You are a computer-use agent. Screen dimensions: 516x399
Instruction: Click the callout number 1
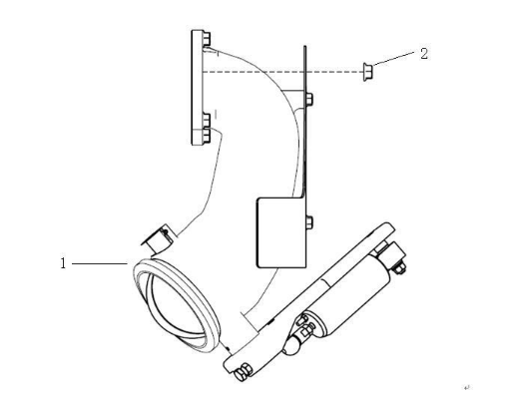point(63,263)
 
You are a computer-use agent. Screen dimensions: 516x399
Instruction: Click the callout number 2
point(424,54)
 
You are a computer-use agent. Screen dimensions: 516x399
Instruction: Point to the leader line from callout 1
point(100,263)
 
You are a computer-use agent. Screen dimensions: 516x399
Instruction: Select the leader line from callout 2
point(393,58)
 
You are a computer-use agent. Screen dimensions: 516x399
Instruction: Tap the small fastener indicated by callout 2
point(367,72)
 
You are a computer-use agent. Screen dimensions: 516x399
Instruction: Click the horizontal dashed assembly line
point(282,72)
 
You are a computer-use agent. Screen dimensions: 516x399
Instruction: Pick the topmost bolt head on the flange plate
point(207,39)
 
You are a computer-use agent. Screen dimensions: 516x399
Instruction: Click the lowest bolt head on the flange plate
point(207,136)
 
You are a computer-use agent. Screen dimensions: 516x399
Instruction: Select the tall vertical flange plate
point(197,88)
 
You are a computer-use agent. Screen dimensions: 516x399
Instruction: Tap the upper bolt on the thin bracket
point(309,100)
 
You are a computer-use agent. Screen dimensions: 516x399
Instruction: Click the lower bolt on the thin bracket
point(309,222)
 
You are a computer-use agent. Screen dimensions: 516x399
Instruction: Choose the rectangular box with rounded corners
point(281,232)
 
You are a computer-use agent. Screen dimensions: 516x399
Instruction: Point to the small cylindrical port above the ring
point(158,238)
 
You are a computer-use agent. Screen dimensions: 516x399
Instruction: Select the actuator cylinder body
point(350,295)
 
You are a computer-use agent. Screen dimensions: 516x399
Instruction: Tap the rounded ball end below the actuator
point(291,346)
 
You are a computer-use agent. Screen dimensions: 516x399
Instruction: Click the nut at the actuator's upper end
point(399,267)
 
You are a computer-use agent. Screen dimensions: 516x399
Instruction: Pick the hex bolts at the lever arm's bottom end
point(243,372)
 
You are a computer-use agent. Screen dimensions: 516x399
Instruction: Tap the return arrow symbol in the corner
point(466,387)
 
